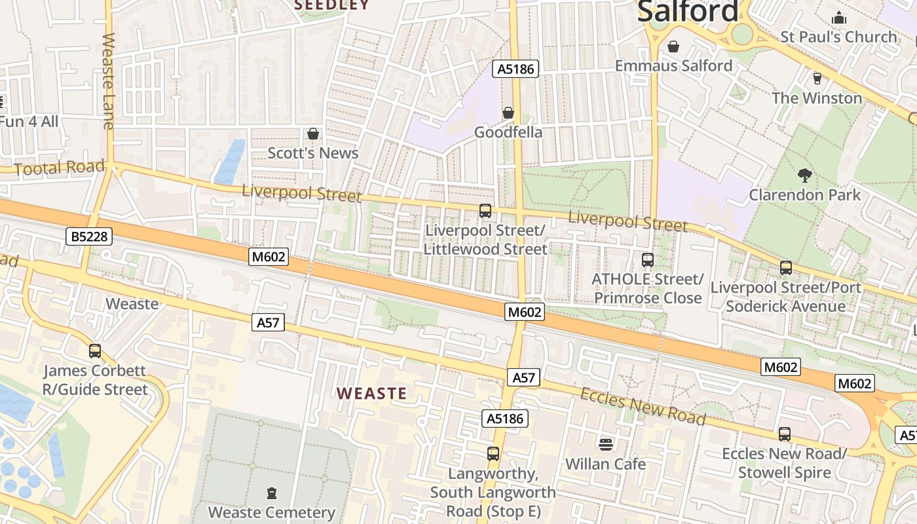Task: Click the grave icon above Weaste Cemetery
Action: pyautogui.click(x=271, y=493)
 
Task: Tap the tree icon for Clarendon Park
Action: pyautogui.click(x=805, y=176)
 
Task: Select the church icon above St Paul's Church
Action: pyautogui.click(x=838, y=18)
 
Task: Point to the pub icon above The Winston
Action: pyautogui.click(x=817, y=79)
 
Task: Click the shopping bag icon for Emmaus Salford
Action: pyautogui.click(x=673, y=47)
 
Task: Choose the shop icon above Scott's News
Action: pyautogui.click(x=313, y=134)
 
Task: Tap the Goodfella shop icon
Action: pyautogui.click(x=508, y=113)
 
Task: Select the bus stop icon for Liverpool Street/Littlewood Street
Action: pyautogui.click(x=485, y=211)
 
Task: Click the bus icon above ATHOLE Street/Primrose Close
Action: pyautogui.click(x=647, y=260)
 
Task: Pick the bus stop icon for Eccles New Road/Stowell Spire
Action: pyautogui.click(x=784, y=434)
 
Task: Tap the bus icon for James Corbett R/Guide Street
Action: pyautogui.click(x=95, y=351)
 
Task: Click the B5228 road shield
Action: pyautogui.click(x=89, y=236)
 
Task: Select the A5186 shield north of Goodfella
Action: pyautogui.click(x=515, y=69)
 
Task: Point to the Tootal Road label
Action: pyautogui.click(x=59, y=168)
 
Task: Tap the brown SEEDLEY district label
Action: pyautogui.click(x=332, y=5)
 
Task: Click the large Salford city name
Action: pyautogui.click(x=688, y=12)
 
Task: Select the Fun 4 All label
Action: pyautogui.click(x=29, y=122)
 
